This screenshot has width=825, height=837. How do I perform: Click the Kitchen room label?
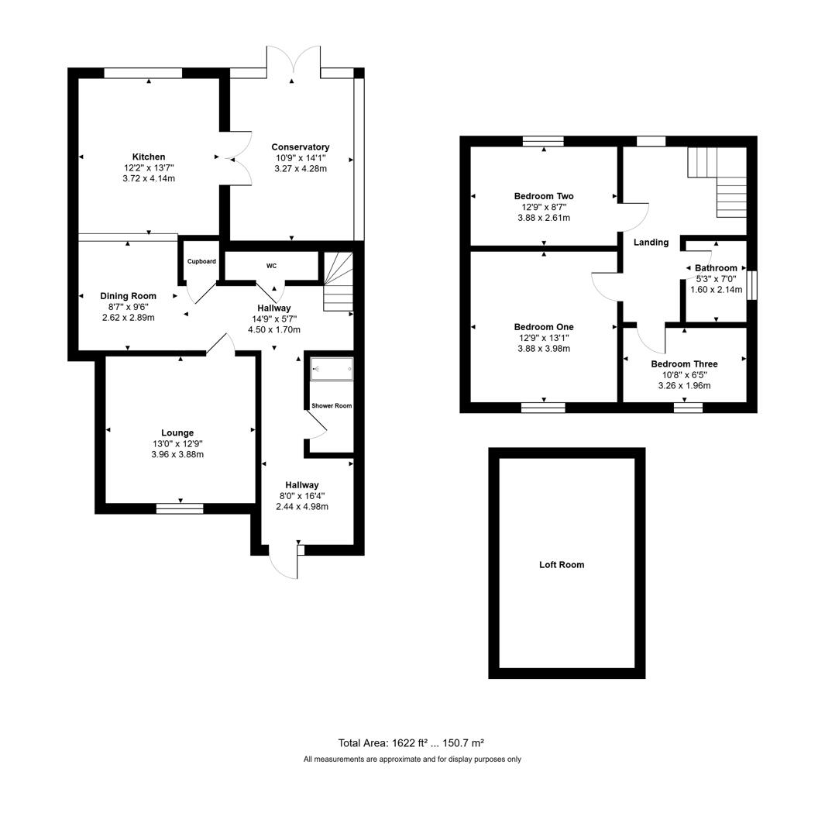pos(148,157)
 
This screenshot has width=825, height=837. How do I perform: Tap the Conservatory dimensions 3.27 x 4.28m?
pos(301,168)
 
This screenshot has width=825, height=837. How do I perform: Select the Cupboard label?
pos(201,261)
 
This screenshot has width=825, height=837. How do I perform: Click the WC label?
pos(271,266)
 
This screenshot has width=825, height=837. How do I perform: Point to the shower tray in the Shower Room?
pos(332,369)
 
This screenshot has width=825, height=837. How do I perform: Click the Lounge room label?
pos(177,432)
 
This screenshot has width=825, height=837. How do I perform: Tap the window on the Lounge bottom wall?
pos(180,508)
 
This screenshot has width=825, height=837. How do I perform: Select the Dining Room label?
pos(128,295)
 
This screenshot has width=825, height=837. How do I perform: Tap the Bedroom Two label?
pos(544,196)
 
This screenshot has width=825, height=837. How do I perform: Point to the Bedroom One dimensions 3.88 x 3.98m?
pos(544,349)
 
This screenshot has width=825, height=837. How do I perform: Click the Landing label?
pos(651,243)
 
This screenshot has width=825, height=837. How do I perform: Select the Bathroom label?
pos(716,268)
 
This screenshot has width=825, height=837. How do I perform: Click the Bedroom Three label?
pos(684,363)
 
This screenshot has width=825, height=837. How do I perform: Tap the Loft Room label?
pos(562,565)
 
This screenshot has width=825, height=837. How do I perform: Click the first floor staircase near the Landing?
pos(717,181)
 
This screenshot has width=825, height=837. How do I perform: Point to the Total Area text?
pos(411,742)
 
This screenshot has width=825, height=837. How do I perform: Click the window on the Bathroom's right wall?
pos(751,284)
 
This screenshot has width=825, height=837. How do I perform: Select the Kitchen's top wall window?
pos(143,73)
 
